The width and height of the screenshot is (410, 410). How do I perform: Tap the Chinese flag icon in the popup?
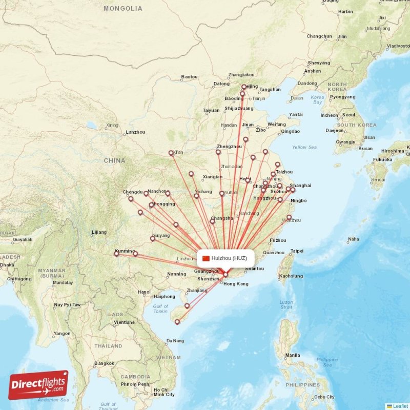(206, 258)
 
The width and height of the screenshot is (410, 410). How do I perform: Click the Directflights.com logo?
(38, 385)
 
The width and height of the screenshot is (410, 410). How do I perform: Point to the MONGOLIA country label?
(123, 9)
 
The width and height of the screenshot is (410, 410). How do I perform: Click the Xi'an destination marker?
(171, 153)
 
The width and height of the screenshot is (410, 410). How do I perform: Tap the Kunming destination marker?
(116, 254)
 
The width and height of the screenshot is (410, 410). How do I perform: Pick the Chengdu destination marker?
(131, 199)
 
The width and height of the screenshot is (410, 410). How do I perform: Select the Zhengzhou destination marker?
(218, 152)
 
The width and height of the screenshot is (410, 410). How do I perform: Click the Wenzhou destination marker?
(289, 217)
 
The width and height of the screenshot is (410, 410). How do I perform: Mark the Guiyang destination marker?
(152, 238)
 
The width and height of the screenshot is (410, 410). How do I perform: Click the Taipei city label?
(297, 251)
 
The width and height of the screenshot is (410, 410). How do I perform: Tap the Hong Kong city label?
(236, 284)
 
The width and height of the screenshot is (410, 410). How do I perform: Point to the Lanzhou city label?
(135, 132)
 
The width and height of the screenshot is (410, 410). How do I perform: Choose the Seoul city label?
(348, 115)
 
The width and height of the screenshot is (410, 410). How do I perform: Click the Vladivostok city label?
(399, 46)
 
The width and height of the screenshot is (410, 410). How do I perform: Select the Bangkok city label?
(104, 363)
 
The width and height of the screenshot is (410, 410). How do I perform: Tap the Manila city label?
(293, 355)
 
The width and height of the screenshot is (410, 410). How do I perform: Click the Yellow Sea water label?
(304, 147)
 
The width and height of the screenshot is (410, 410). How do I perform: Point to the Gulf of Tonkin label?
(160, 309)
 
